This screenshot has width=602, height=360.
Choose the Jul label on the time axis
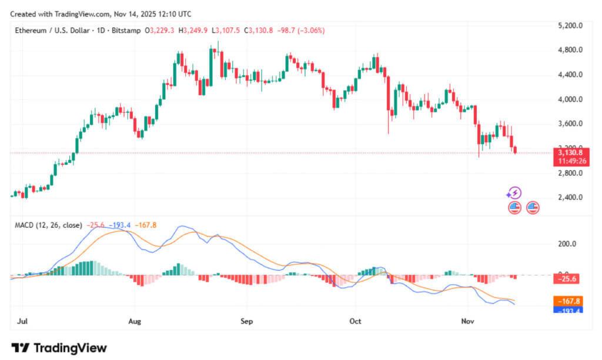point(23,322)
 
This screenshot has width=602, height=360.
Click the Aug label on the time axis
point(135,322)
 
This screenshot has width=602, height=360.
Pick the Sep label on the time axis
point(246,322)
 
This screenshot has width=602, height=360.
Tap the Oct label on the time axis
point(354,322)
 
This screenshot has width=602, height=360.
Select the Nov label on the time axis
point(467,322)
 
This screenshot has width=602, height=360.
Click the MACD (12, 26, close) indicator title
point(48,225)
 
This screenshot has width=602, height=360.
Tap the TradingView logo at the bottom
point(59,348)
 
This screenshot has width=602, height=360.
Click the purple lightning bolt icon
point(514,193)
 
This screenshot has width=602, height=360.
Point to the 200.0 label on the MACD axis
point(567,244)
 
